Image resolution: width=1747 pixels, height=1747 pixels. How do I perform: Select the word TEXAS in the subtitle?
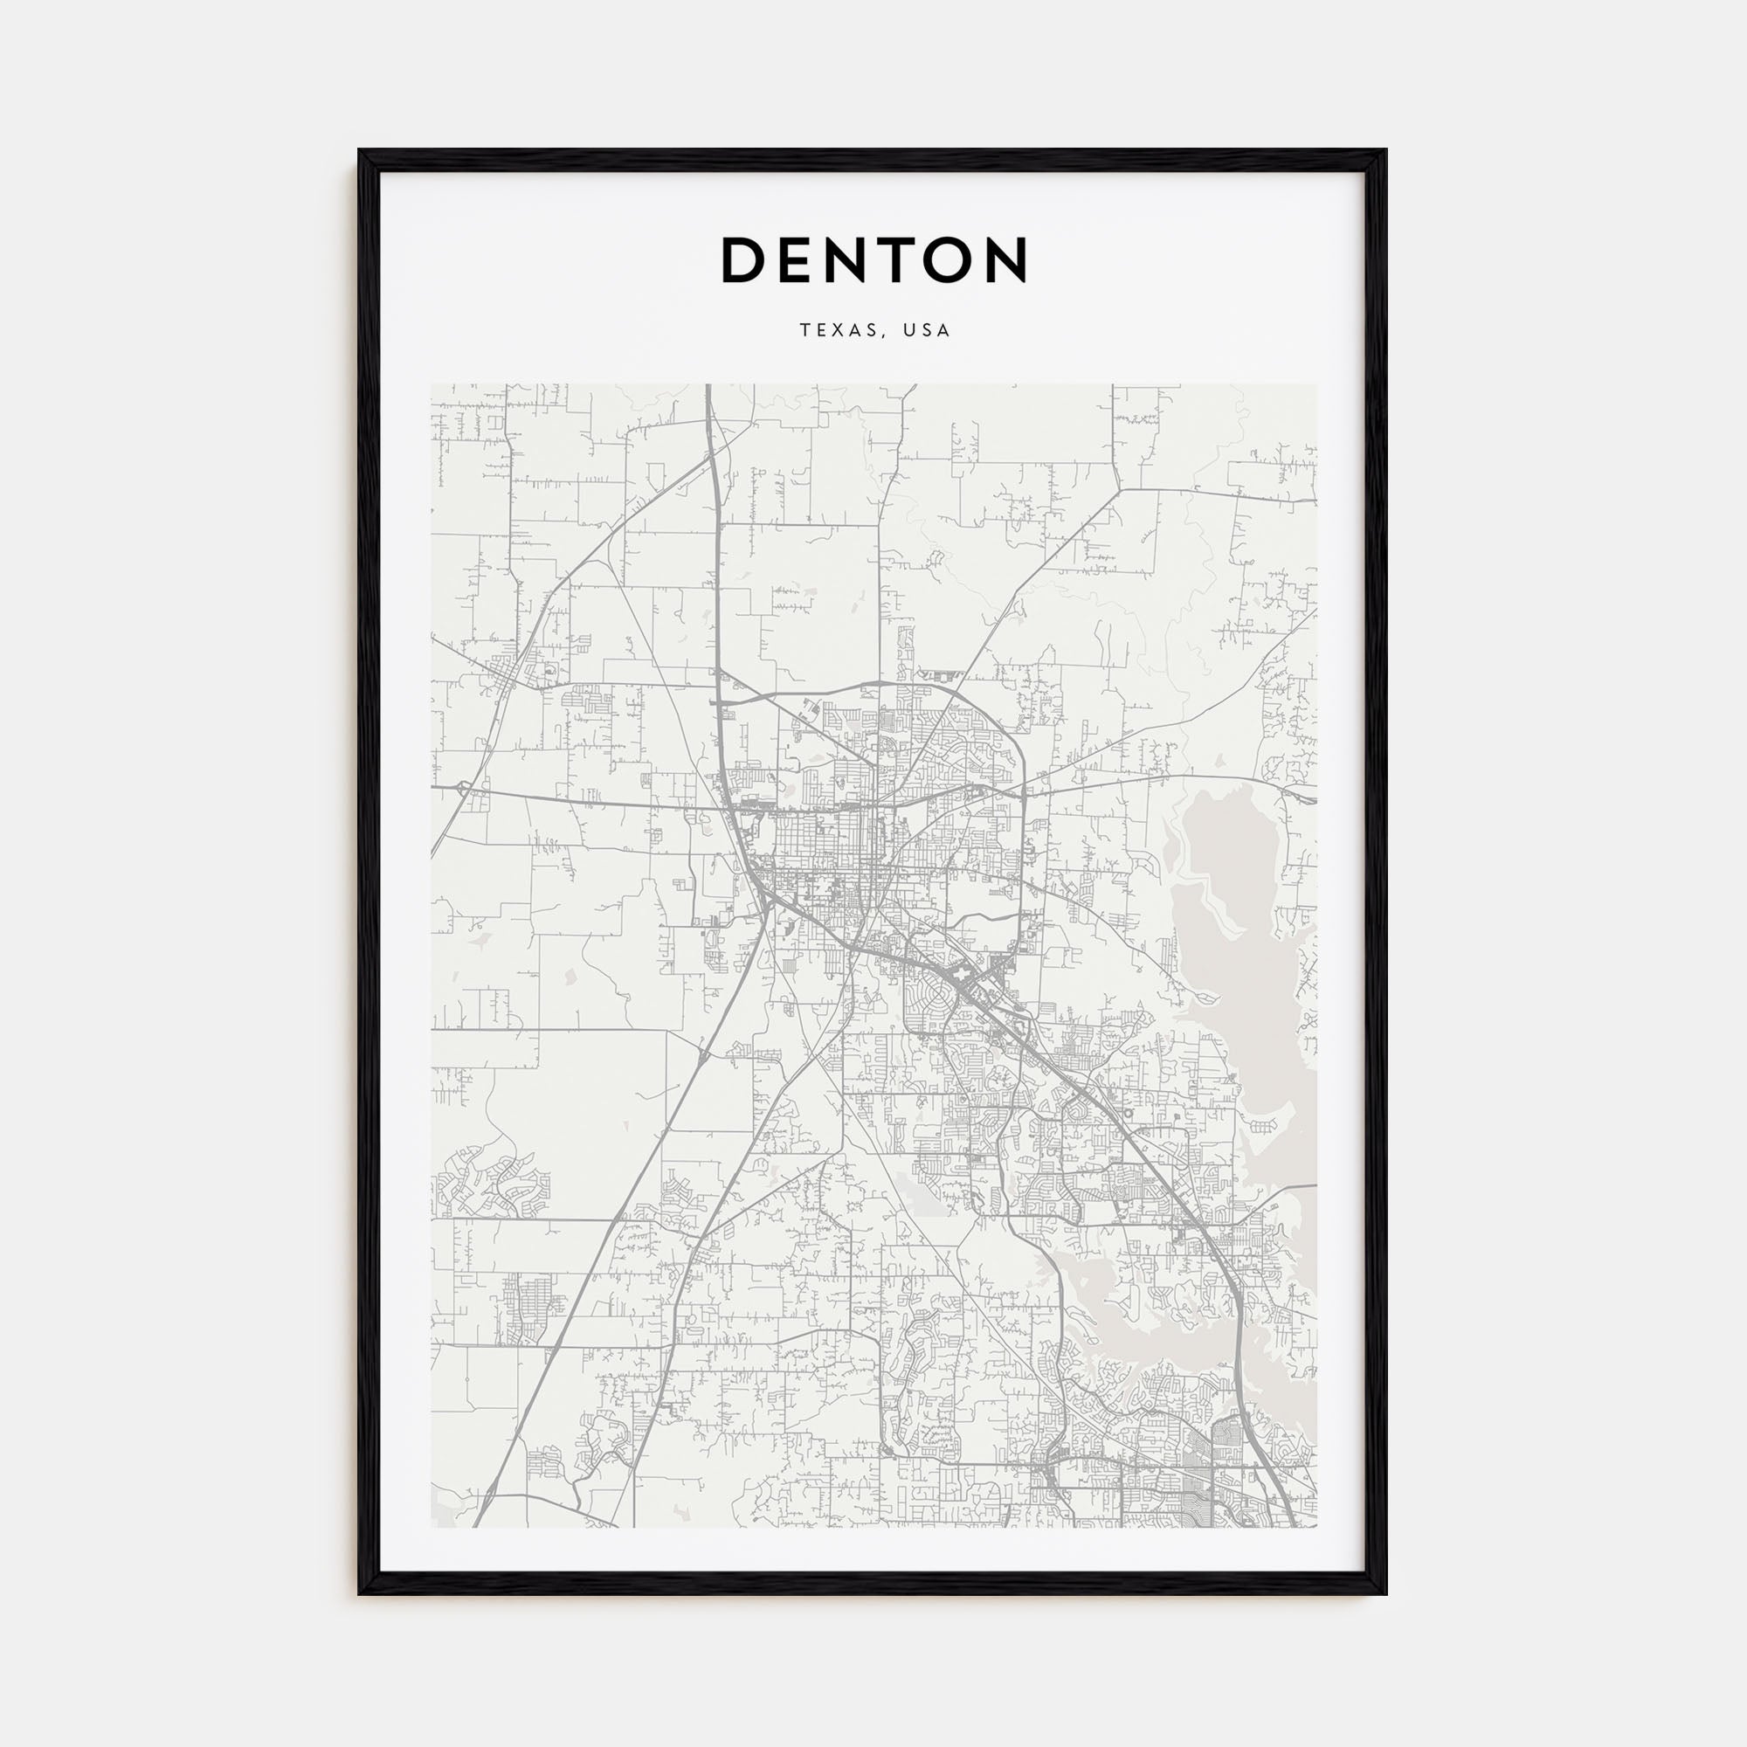[833, 331]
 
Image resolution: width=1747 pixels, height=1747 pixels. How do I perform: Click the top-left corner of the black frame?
[360, 151]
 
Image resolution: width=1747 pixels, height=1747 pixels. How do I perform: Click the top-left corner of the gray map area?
[432, 385]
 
